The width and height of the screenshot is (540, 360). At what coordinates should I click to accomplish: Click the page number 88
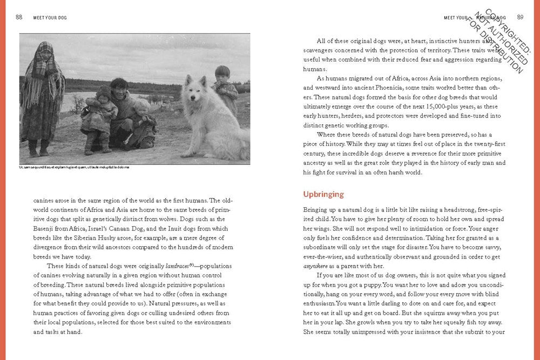[x=19, y=17]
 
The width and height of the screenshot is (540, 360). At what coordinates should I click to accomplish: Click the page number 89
[x=520, y=17]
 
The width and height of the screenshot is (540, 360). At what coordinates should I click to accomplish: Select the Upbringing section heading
[x=323, y=194]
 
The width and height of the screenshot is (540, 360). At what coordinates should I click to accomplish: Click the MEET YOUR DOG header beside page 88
[x=50, y=18]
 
